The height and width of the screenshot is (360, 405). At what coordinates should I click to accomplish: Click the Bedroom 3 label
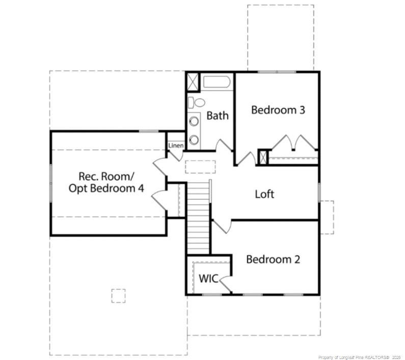[x=278, y=109]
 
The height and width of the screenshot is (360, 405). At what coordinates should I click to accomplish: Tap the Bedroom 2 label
[x=273, y=259]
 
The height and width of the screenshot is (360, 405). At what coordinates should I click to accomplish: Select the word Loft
[x=264, y=194]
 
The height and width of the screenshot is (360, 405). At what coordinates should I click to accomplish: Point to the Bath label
[x=218, y=116]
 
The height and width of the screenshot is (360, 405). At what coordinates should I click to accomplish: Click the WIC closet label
[x=208, y=279]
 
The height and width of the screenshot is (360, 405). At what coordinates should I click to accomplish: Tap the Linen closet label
[x=176, y=146]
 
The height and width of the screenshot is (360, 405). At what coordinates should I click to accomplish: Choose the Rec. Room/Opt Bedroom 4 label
[x=106, y=182]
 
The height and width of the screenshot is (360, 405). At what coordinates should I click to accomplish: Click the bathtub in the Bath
[x=218, y=82]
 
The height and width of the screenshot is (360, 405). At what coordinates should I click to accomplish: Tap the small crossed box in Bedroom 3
[x=263, y=157]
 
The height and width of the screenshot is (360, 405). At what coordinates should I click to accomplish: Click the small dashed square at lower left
[x=118, y=296]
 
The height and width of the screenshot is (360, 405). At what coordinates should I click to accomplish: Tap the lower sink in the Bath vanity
[x=194, y=140]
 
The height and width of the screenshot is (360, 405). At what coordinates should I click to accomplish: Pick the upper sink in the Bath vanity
[x=194, y=121]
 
